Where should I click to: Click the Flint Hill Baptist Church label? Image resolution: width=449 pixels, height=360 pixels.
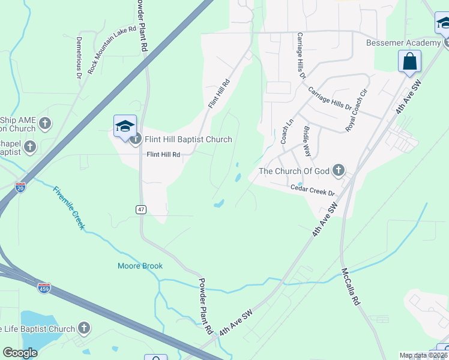[188, 139]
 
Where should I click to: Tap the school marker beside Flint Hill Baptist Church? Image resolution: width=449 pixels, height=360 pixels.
[125, 126]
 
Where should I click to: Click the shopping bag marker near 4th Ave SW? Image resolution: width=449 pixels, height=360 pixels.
[409, 61]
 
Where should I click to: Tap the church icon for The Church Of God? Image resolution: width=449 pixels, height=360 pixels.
[339, 171]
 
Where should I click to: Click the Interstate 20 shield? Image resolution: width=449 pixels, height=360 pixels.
[21, 187]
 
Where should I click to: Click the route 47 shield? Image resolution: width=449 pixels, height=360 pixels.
[141, 209]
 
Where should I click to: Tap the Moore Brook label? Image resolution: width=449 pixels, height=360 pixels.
[140, 266]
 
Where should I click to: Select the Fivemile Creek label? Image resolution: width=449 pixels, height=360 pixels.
[70, 208]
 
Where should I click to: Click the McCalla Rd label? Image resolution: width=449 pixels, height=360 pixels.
[351, 286]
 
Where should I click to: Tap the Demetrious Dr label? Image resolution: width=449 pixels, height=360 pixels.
[79, 58]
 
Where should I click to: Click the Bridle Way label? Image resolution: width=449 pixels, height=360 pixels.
[307, 141]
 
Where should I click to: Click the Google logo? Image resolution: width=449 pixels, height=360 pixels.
[20, 353]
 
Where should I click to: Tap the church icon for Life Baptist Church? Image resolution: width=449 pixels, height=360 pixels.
[84, 328]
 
